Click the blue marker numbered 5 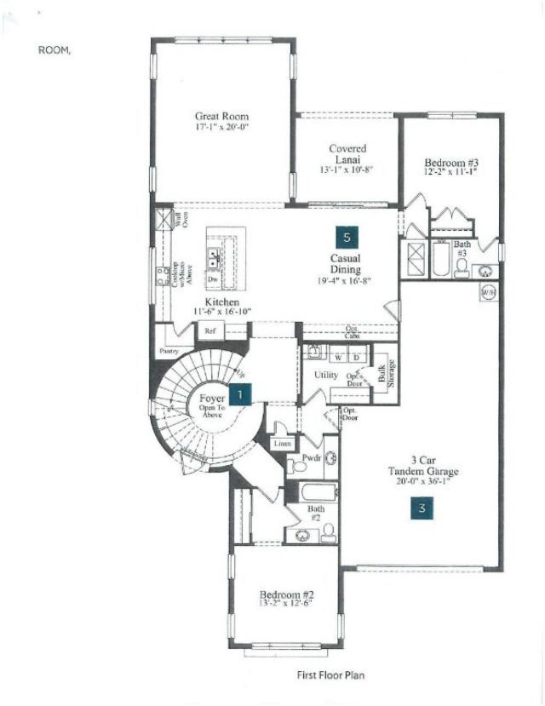click(x=345, y=237)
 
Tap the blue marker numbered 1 click(x=242, y=393)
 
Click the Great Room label click(x=221, y=116)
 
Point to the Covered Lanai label click(x=347, y=154)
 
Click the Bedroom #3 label click(x=450, y=162)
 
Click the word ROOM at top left click(x=54, y=50)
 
